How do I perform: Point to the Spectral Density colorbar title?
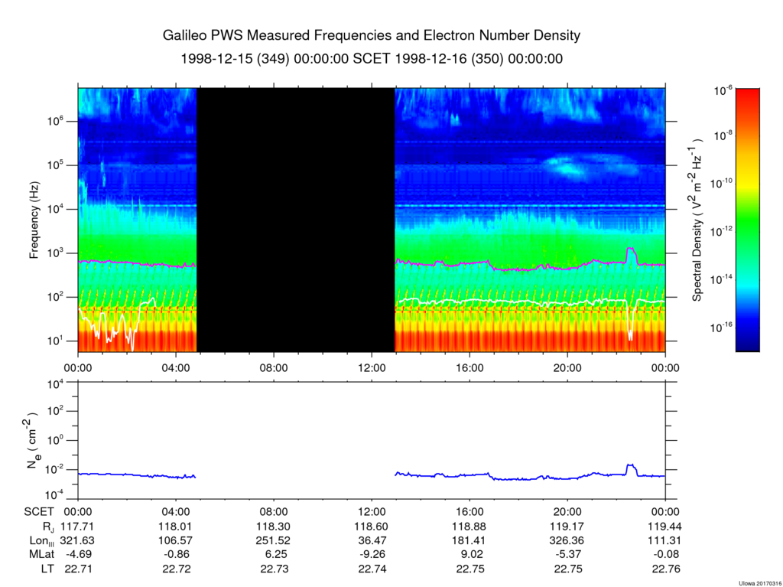coord(697,220)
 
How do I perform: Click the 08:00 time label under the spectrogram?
coord(274,367)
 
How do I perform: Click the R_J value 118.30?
coord(274,527)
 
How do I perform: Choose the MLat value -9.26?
coord(372,555)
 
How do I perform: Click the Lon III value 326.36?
coord(567,540)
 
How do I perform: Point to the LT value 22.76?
coord(665,569)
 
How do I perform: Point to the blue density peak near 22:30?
coord(630,465)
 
